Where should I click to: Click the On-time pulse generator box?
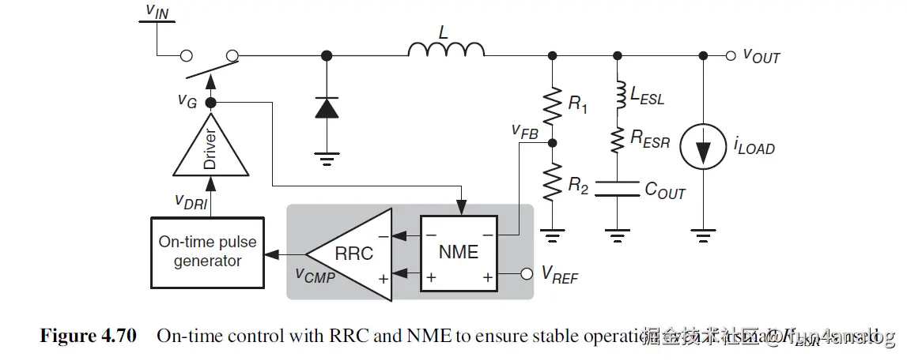pos(207,251)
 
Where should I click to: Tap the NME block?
pos(459,252)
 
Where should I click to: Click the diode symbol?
pos(327,108)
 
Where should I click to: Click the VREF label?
pos(559,275)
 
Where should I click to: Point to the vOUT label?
pos(761,56)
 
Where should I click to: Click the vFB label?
pos(525,131)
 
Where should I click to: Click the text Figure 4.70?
pos(88,337)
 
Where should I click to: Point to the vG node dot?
pos(210,103)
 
